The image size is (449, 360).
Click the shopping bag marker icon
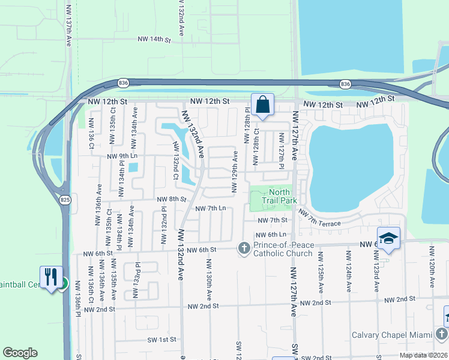click(x=263, y=104)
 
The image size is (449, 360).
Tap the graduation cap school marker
click(x=388, y=238)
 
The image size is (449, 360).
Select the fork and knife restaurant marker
click(x=50, y=277)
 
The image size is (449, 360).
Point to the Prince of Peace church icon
click(x=244, y=248)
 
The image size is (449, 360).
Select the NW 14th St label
click(x=154, y=40)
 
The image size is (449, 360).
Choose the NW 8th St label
click(x=172, y=199)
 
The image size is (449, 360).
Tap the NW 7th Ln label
click(x=211, y=208)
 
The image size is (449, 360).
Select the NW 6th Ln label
click(x=269, y=235)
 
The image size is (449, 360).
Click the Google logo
click(x=20, y=353)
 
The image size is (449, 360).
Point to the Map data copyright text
click(x=423, y=355)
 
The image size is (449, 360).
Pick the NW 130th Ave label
click(x=209, y=277)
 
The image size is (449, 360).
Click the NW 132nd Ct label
click(x=176, y=161)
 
